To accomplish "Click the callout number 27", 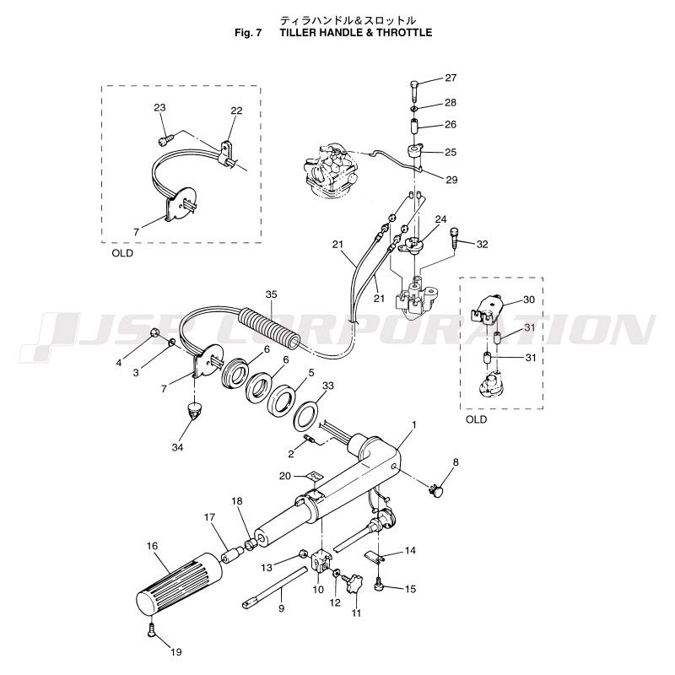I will coord(451,78).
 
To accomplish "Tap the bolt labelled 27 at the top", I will coord(413,88).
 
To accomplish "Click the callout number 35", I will coord(271,294).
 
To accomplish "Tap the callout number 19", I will coord(175,651).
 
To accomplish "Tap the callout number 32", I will coord(482,245).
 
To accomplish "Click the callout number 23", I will coord(160,107).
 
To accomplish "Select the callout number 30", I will coord(529,300).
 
